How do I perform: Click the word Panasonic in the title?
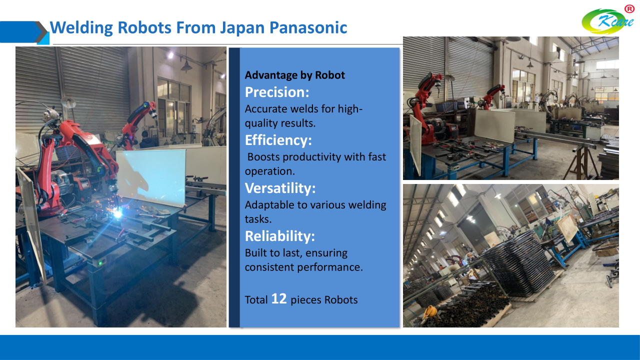coord(308,27)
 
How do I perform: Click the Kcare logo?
coord(607,21)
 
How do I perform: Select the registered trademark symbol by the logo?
coord(629,9)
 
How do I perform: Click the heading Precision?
coord(277,92)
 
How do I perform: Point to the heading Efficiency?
coord(278,140)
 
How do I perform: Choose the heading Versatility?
coord(280,188)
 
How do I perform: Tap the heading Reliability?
coord(279,236)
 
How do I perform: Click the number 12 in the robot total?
coord(278,298)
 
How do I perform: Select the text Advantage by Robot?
coord(294,75)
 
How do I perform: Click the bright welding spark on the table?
coord(117,213)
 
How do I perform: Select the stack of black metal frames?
coord(516,263)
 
